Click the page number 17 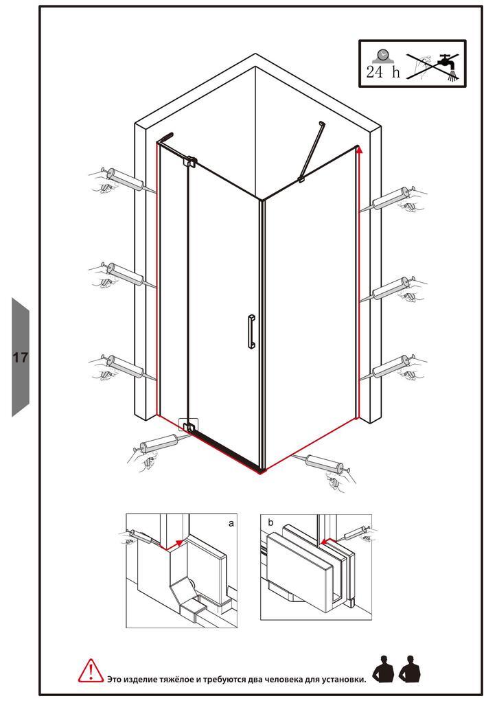pyautogui.click(x=20, y=357)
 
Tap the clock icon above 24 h pyautogui.click(x=382, y=56)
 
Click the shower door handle pyautogui.click(x=251, y=331)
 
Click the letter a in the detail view pyautogui.click(x=231, y=523)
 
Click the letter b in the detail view pyautogui.click(x=270, y=522)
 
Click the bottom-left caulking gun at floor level pyautogui.click(x=154, y=449)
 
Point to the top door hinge pyautogui.click(x=192, y=161)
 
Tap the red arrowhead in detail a pyautogui.click(x=179, y=542)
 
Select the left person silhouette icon pyautogui.click(x=383, y=669)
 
